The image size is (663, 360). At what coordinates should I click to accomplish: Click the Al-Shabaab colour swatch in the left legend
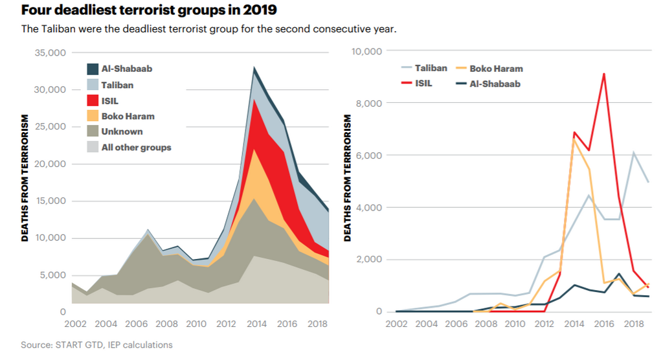tap(92, 69)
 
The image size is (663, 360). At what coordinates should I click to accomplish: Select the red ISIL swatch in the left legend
tap(92, 100)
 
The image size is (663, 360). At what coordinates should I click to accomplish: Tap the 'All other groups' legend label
tap(136, 148)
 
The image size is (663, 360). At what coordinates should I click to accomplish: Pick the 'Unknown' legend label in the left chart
tap(122, 132)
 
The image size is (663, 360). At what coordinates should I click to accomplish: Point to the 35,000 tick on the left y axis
tap(49, 52)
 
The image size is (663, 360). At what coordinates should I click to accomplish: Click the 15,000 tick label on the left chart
tap(49, 201)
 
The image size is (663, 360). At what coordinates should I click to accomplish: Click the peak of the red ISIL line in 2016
tap(603, 74)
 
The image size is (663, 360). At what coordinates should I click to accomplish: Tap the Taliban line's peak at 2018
tap(633, 153)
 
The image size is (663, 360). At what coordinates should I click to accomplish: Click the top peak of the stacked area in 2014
tap(254, 67)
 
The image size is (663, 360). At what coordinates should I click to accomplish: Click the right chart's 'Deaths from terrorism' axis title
tap(348, 178)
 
